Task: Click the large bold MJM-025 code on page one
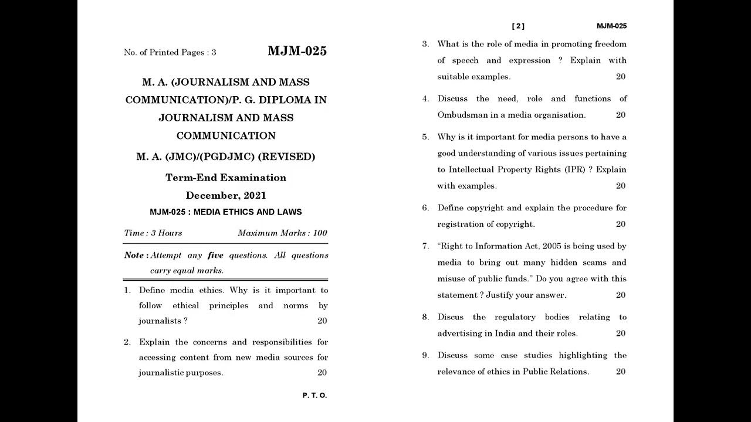point(297,51)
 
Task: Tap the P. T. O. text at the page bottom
point(314,396)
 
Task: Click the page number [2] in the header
point(518,26)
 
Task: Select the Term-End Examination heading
point(226,178)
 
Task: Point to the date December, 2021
point(226,196)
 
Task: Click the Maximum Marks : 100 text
point(282,233)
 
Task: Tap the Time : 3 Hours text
point(153,233)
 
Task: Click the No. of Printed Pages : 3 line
point(170,53)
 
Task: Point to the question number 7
point(425,247)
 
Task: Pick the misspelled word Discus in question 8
point(451,317)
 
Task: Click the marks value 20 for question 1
point(322,321)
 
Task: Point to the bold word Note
point(134,256)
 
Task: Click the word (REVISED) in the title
point(287,157)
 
